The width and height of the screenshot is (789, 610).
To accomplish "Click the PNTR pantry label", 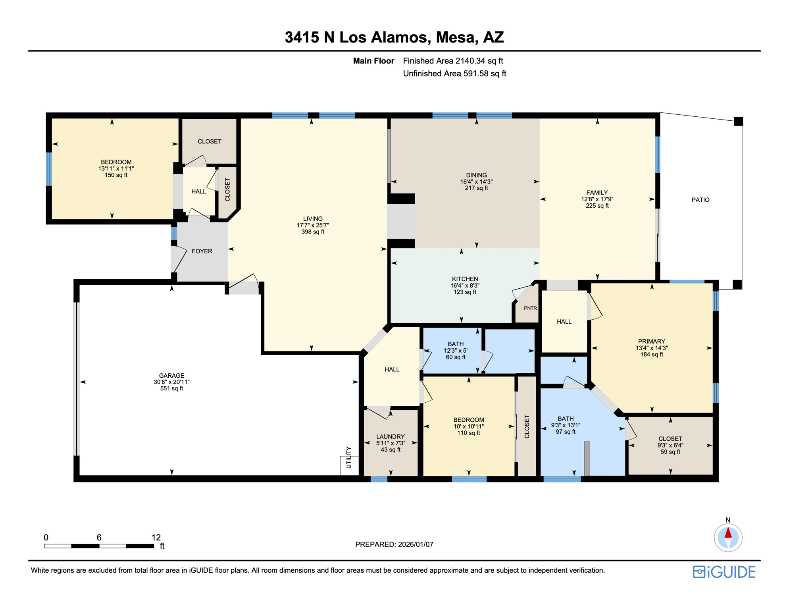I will click(x=530, y=308).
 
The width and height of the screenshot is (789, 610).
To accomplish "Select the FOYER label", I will click(x=202, y=251).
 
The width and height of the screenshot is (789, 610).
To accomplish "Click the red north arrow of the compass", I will click(x=728, y=532).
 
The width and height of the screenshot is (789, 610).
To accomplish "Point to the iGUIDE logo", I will click(x=724, y=572).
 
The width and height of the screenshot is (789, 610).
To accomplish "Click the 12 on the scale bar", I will click(x=156, y=537).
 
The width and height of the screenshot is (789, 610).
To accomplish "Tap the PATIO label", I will click(x=700, y=200).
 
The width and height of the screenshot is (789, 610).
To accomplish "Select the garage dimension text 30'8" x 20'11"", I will click(x=171, y=382).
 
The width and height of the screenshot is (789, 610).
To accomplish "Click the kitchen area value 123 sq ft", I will click(x=465, y=292).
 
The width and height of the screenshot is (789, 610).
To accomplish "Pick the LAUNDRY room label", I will click(x=391, y=436).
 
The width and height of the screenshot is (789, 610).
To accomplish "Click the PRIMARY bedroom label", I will click(x=651, y=341).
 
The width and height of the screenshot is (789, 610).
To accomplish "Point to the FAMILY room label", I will click(x=597, y=193).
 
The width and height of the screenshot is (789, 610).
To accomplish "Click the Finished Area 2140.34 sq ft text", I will click(x=453, y=61).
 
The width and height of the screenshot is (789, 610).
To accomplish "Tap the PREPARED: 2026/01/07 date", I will click(x=394, y=544).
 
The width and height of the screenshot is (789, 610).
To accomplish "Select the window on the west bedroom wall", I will click(x=49, y=169).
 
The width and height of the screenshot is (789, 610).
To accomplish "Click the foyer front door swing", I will click(x=179, y=258).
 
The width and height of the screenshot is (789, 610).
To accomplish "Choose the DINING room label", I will click(x=476, y=175).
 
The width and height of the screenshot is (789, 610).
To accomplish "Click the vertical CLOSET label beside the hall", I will click(x=227, y=189).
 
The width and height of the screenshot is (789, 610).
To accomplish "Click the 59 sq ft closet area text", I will click(x=670, y=452).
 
